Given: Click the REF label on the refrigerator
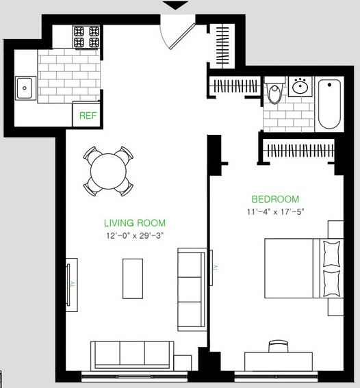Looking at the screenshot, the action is click(88, 116).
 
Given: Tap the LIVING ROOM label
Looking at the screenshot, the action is click(135, 223).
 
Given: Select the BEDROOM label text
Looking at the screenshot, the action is click(275, 199).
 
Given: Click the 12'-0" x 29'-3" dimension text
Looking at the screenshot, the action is click(135, 235).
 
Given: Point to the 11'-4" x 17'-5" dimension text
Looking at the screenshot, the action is click(275, 212).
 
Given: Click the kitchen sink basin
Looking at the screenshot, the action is click(24, 88).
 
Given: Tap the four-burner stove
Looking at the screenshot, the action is click(87, 37).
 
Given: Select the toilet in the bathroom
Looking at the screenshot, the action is click(274, 90).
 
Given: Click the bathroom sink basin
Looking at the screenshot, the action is click(300, 86).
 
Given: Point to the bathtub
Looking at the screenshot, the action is click(329, 104).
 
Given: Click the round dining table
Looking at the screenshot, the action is click(108, 171).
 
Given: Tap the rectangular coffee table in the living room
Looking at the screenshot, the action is click(133, 279).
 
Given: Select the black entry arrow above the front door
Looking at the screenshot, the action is click(175, 5).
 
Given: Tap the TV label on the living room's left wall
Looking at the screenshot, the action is click(73, 285).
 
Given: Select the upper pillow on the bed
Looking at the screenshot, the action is click(331, 254).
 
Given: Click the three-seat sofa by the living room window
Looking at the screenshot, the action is click(132, 356).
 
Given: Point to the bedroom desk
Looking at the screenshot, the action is click(279, 361).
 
